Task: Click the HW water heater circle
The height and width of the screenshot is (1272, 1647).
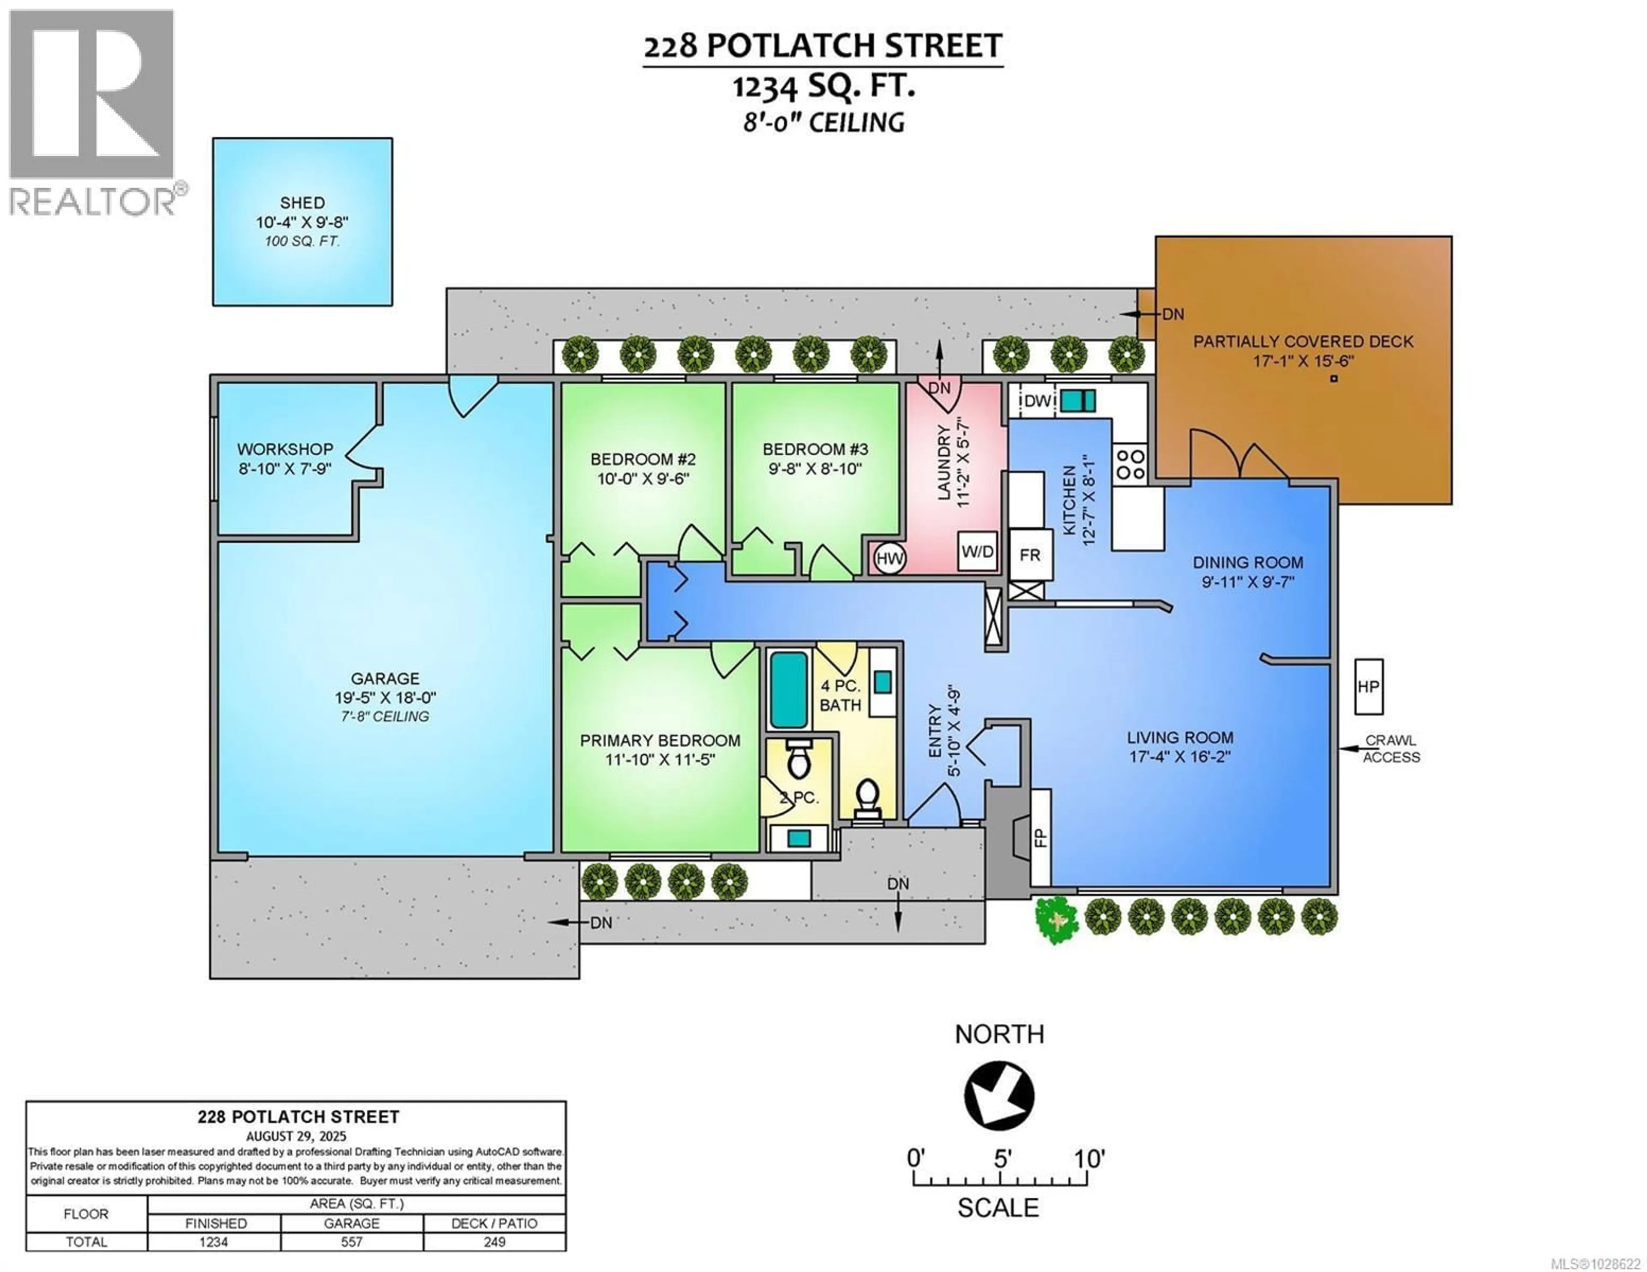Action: tap(890, 559)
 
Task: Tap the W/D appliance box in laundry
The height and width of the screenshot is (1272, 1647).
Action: tap(977, 551)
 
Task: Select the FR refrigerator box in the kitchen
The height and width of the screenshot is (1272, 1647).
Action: tap(1030, 555)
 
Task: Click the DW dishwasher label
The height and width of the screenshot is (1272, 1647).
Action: tap(1037, 401)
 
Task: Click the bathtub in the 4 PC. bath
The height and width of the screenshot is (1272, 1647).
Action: tap(789, 690)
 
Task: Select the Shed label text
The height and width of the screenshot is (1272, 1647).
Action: tap(302, 203)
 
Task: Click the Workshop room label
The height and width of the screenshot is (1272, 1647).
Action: tap(285, 449)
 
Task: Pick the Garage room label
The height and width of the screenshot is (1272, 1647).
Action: tap(385, 679)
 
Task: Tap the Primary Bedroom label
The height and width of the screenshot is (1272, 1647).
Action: tap(660, 740)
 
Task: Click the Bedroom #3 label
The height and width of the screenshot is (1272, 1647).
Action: tap(815, 449)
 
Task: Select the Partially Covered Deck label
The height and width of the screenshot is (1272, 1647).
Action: tap(1303, 342)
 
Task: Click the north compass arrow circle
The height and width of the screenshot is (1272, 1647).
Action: tap(999, 1095)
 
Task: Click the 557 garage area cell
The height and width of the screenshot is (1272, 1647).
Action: tap(351, 1242)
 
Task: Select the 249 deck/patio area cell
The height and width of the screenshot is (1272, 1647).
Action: tap(494, 1242)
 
